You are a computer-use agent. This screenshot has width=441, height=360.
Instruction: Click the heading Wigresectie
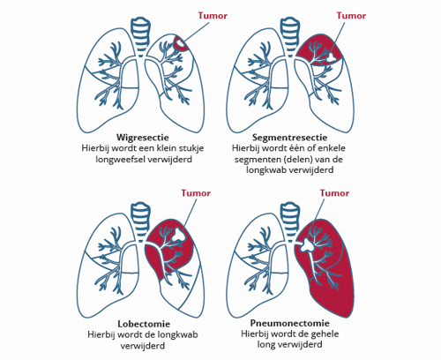point(143,138)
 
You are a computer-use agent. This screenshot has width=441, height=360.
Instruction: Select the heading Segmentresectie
point(289,138)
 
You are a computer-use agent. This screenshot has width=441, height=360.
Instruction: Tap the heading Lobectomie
point(144,324)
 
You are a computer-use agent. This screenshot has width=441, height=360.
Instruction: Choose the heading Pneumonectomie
point(289,323)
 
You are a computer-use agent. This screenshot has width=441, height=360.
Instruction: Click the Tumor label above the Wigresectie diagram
point(213,16)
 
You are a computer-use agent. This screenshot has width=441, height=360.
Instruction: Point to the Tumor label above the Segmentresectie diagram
point(351,16)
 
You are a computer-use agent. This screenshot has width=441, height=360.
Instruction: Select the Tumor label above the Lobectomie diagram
point(196,193)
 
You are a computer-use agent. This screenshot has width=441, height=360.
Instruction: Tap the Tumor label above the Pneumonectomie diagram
point(334,193)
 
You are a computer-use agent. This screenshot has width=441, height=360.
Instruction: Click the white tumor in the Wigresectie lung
point(180,44)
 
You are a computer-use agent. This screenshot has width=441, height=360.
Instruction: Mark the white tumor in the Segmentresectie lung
point(332,56)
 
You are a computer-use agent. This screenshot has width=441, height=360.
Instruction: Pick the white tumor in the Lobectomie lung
point(178,235)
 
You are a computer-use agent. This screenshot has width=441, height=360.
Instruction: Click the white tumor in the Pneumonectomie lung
point(307,244)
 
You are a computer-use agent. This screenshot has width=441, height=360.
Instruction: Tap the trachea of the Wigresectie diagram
point(141,36)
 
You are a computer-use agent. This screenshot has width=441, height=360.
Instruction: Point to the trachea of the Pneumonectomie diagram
point(290,221)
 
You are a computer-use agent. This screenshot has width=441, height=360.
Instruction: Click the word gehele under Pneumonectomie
point(325,334)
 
